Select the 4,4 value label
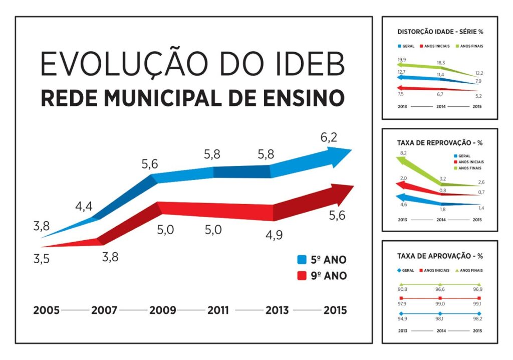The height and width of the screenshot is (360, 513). pos(84,206)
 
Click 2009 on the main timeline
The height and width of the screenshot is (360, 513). pos(162,310)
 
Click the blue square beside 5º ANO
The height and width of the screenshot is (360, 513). pos(302,260)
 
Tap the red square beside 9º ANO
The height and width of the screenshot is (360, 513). pos(302,276)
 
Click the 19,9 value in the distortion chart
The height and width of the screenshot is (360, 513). pos(402,60)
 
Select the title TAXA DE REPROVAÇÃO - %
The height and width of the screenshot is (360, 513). pos(439,142)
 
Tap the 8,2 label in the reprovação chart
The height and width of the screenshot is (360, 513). pos(403,152)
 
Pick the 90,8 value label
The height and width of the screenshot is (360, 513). pos(402,290)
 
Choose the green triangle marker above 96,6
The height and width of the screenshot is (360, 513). pos(440,284)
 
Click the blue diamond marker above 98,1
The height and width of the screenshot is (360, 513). pos(440,314)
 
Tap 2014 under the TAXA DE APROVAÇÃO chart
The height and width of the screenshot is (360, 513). pos(440,330)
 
